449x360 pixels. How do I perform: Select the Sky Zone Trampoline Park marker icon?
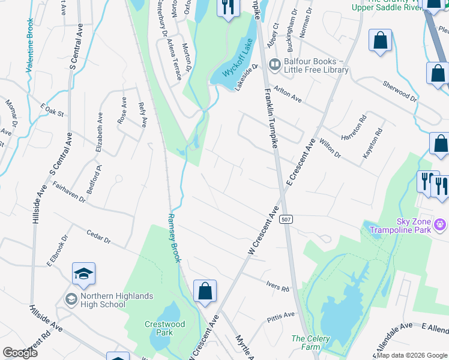pyautogui.click(x=441, y=225)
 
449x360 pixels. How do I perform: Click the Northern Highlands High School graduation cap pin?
pyautogui.click(x=84, y=275)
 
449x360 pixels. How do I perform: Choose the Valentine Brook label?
pyautogui.click(x=29, y=46)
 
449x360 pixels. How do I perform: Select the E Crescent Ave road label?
pyautogui.click(x=301, y=164)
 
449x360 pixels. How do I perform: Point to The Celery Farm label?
pyautogui.click(x=310, y=343)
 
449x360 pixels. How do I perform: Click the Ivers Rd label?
pyautogui.click(x=277, y=285)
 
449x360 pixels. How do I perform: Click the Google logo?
pyautogui.click(x=20, y=353)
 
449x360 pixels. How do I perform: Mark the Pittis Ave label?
pyautogui.click(x=282, y=315)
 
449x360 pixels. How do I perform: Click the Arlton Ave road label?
pyautogui.click(x=288, y=94)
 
